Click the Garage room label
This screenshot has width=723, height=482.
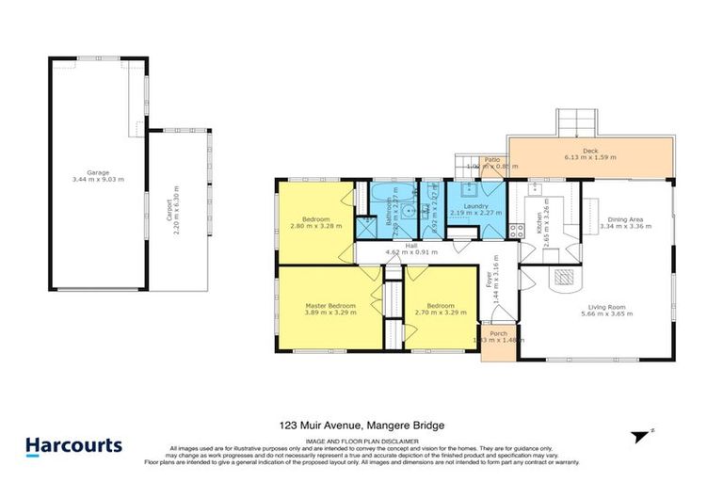[x=98, y=172]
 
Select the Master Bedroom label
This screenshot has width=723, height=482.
[x=329, y=306]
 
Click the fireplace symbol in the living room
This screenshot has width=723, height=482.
[x=564, y=277]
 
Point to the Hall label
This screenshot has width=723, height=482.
[x=410, y=247]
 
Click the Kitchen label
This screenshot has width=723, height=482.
[x=539, y=223]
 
